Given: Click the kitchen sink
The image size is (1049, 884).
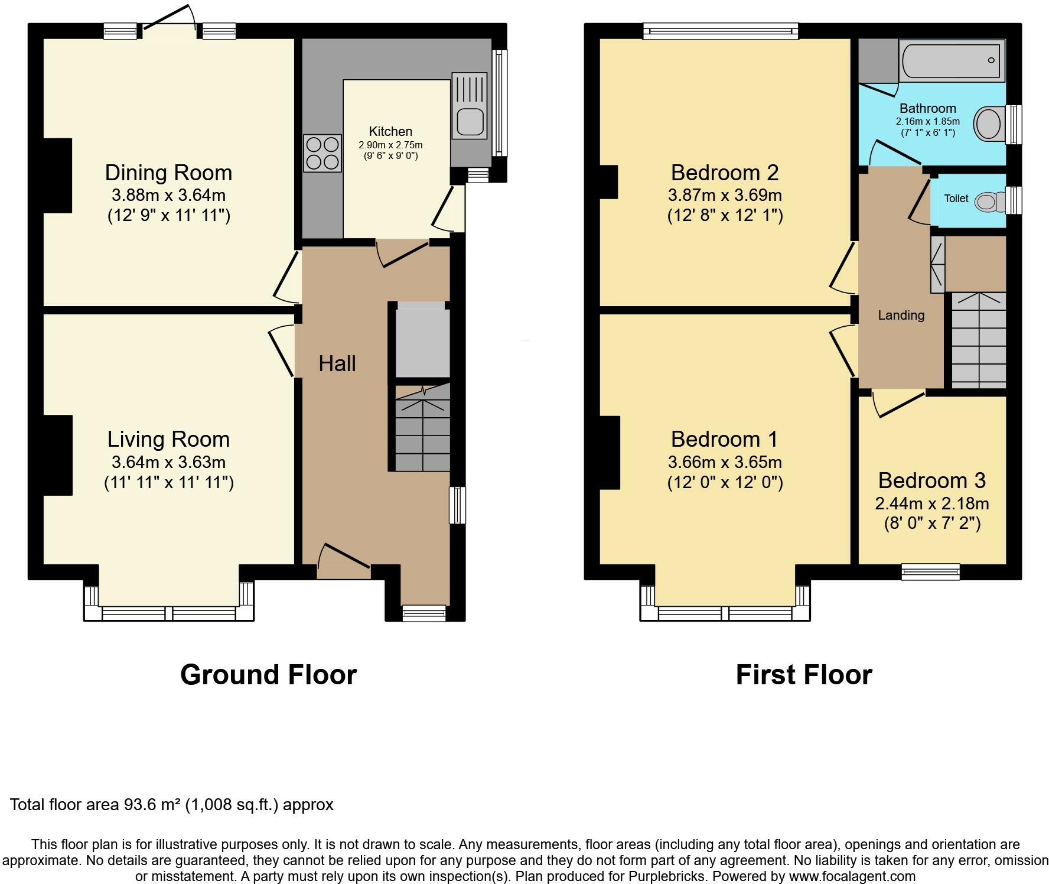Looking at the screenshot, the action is (470, 106).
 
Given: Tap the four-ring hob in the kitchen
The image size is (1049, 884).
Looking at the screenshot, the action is (322, 153).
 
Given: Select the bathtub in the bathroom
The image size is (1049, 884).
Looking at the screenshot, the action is (952, 60).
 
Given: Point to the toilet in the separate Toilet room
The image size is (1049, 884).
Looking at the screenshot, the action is (991, 202).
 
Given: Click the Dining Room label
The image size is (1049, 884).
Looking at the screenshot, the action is (168, 173).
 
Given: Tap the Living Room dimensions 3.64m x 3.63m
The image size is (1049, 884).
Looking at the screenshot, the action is (169, 462).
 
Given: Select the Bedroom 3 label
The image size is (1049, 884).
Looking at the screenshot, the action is (932, 480).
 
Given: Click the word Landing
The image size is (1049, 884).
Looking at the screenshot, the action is (901, 316).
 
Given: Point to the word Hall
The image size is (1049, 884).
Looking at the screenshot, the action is (337, 363).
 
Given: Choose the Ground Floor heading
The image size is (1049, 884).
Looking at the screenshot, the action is (268, 674).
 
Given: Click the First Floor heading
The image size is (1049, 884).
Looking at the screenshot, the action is (804, 674).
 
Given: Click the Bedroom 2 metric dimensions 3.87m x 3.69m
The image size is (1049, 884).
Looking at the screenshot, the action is (725, 195).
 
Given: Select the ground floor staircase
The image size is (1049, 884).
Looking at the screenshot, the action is (422, 427).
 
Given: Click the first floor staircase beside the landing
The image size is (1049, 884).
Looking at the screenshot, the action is (978, 340).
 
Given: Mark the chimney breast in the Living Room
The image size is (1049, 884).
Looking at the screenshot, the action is (58, 455).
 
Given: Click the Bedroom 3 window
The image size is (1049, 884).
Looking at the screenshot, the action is (930, 571).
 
